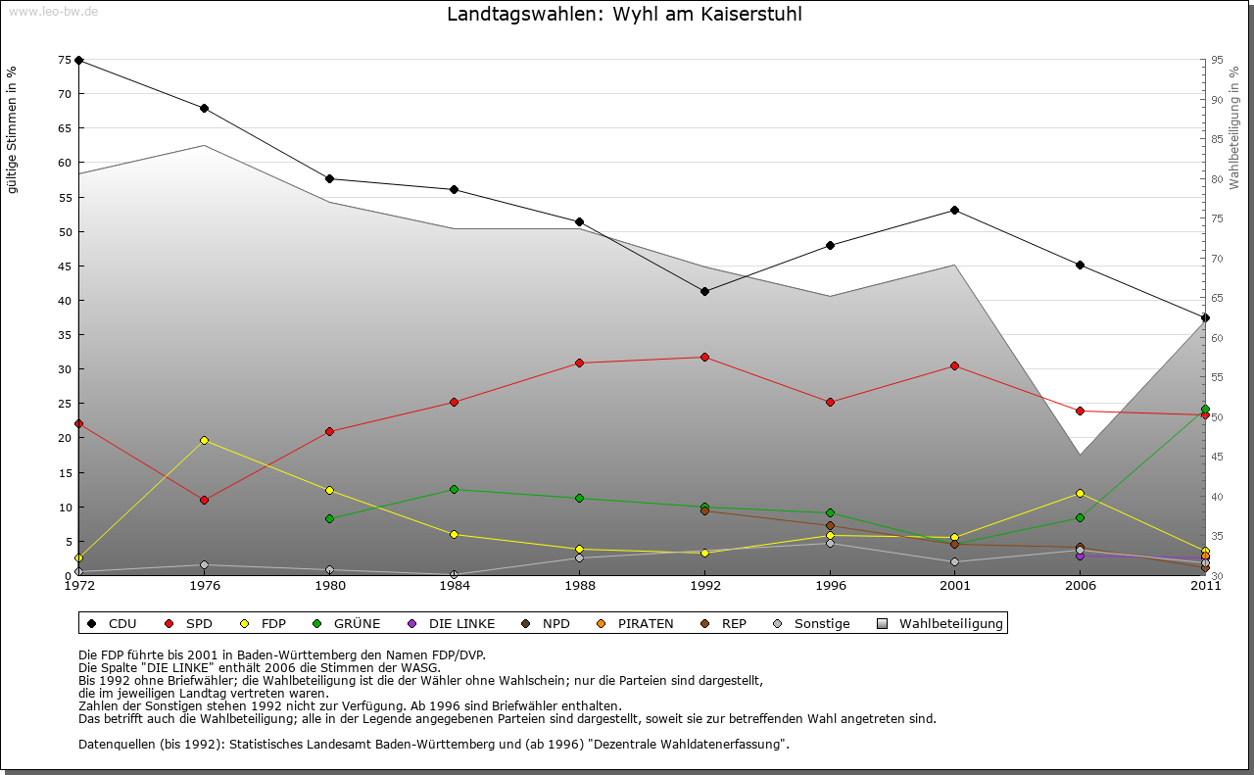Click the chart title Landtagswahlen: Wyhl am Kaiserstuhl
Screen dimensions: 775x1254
624,15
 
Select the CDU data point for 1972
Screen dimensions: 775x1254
78,60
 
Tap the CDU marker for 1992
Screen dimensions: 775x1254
704,291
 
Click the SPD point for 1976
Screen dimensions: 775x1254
204,500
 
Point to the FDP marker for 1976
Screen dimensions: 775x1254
204,440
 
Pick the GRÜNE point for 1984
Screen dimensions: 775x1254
454,489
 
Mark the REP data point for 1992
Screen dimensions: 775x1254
704,510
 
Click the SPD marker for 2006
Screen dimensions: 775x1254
1080,411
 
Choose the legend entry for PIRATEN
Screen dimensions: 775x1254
645,623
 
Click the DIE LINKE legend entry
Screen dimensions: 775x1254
460,623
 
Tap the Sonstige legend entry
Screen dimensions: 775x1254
821,623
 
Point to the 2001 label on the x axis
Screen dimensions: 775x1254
954,587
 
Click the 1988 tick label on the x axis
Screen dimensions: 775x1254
579,587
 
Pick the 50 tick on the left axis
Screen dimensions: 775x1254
66,232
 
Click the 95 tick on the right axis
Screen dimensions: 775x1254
1217,60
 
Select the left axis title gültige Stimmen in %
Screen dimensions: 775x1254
13,130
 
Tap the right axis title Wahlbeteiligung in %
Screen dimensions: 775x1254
1234,128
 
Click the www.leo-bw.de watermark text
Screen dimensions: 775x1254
53,12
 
